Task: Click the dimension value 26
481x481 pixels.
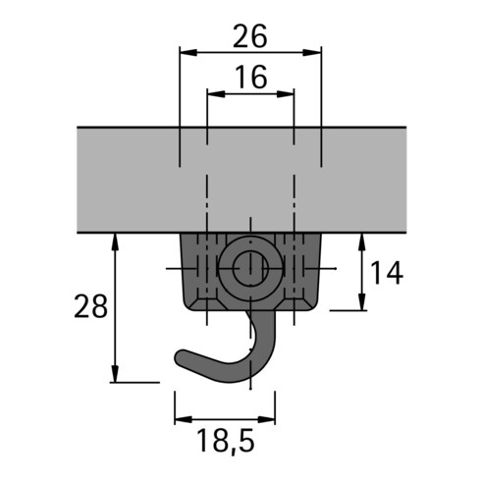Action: click(250, 36)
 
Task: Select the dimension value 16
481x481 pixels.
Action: click(250, 78)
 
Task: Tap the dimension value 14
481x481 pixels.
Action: click(388, 273)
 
